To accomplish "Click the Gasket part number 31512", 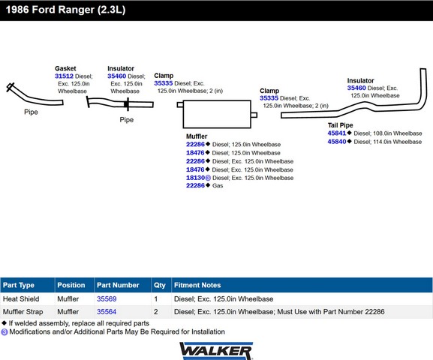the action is pos(64,76).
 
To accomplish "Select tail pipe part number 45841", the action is pos(337,133).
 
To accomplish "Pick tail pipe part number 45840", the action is pos(337,142).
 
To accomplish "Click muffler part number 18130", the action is pos(195,178).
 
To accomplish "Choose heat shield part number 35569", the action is pos(107,298).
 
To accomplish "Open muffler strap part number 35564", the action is pos(107,312).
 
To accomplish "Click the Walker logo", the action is pos(216,351).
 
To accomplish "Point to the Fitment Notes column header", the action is pos(197,285).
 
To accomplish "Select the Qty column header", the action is pos(160,285).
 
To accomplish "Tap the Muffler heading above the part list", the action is pos(197,136).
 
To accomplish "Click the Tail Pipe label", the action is pos(340,125).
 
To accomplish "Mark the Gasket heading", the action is pos(65,68).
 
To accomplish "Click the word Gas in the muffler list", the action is pos(218,185).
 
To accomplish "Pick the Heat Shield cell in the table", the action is pos(21,298).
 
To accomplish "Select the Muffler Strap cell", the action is pos(23,312).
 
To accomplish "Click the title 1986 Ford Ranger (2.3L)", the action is pos(66,10).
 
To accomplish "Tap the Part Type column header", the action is pos(19,285).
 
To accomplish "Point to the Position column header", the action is pos(71,285).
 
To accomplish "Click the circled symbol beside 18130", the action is pos(208,178).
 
